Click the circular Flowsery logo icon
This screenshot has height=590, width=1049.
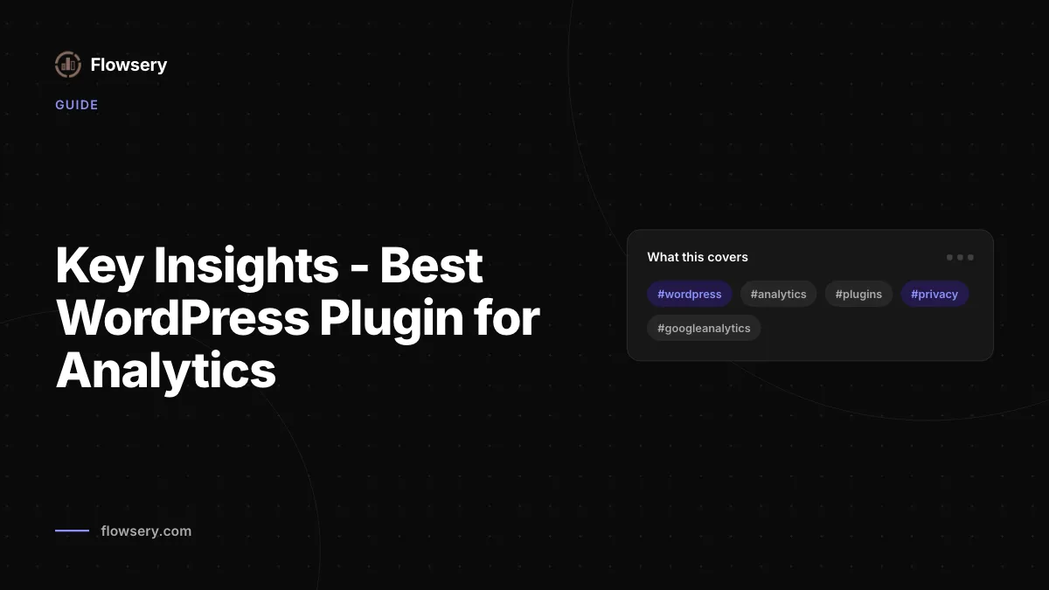click(68, 64)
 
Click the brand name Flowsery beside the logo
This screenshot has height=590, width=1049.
click(129, 65)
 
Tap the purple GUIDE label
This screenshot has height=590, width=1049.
click(77, 105)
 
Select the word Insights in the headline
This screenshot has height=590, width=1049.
click(247, 266)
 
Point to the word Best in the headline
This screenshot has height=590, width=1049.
click(431, 266)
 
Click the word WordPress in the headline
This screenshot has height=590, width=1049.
click(183, 318)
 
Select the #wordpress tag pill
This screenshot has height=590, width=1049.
click(690, 294)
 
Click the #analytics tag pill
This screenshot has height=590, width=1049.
click(778, 294)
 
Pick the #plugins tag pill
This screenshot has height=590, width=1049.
click(858, 294)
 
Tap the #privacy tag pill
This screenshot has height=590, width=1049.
click(934, 294)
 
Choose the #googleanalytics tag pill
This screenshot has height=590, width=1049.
click(704, 329)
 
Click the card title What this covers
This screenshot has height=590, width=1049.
click(698, 257)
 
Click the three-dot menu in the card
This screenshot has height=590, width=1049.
click(960, 258)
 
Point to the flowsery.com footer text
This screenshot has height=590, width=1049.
click(146, 531)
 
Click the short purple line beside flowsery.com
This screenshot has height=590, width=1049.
click(72, 531)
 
